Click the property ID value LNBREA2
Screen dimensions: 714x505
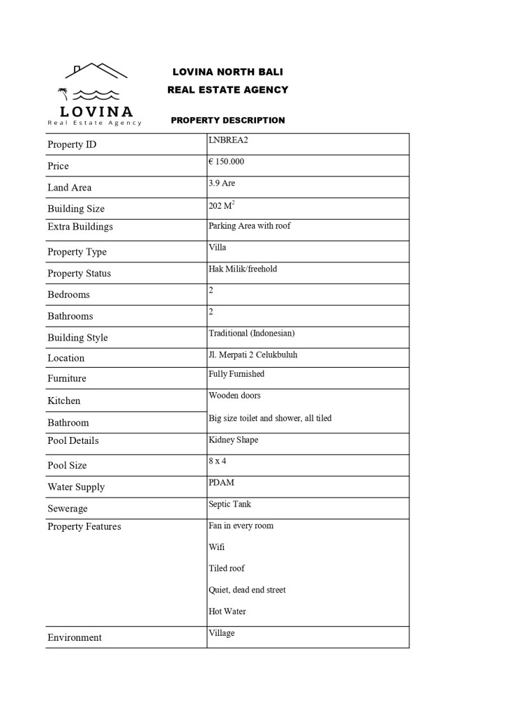coord(228,140)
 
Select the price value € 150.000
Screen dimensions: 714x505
coord(226,162)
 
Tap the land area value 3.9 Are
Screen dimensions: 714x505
coord(222,184)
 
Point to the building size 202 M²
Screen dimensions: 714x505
coord(221,205)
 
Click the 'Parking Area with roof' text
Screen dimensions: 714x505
coord(249,226)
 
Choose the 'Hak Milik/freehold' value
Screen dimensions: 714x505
coord(242,269)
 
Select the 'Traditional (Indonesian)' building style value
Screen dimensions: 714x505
coord(251,334)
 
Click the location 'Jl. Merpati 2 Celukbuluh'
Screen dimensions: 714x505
coord(252,355)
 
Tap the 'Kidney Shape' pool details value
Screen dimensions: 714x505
coord(233,440)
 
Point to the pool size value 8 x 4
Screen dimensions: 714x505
coord(218,461)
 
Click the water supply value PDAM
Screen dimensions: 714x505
coord(220,483)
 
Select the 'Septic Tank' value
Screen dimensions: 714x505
coord(229,505)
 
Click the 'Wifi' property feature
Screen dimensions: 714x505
coord(216,547)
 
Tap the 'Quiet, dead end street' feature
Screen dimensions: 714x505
coord(247,590)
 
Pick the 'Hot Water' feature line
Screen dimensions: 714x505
coord(227,612)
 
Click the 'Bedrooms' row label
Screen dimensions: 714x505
coord(68,295)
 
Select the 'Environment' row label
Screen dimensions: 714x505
coord(74,638)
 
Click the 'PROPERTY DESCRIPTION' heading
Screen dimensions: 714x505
coord(227,120)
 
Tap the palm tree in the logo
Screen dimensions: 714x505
coord(63,94)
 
